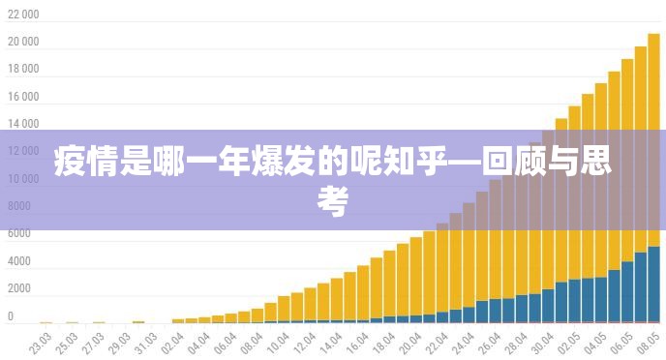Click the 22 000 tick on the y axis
click(23, 15)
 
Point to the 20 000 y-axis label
click(23, 43)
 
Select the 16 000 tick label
click(23, 98)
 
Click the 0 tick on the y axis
click(12, 316)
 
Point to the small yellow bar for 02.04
click(178, 319)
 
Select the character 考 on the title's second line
click(332, 202)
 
